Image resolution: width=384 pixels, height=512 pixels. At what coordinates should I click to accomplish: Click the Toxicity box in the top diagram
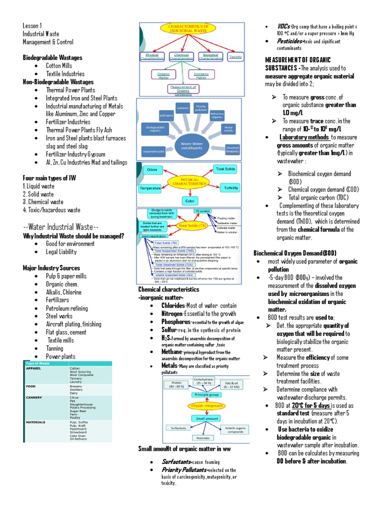tap(235, 57)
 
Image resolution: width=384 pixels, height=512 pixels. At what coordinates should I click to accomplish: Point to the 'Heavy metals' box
tap(228, 128)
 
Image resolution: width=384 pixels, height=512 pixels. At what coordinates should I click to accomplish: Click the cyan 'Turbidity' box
tap(230, 187)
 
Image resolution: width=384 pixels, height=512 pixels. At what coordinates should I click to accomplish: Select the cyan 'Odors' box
tap(152, 170)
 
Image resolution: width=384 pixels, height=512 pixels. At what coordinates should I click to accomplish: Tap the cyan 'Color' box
tap(189, 201)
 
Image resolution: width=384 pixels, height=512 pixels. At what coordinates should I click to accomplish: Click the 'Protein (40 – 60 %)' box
tap(177, 384)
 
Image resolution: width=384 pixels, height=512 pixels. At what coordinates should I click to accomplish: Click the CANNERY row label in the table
tap(35, 398)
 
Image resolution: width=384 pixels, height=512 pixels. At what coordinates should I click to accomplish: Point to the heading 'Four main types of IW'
tap(49, 177)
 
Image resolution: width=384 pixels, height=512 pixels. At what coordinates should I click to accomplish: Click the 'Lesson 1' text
tap(32, 25)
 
